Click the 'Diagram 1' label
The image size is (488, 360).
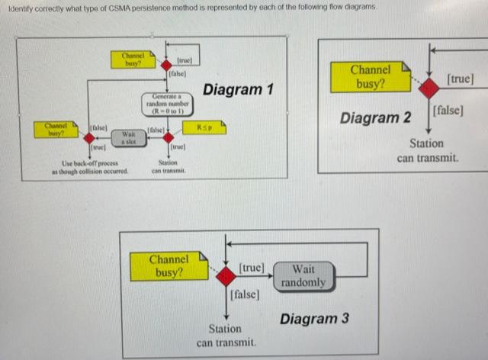(x=238, y=90)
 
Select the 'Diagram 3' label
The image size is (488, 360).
(x=314, y=318)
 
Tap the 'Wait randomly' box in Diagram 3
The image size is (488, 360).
(x=303, y=275)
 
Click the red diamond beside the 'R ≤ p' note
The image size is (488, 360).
(x=168, y=137)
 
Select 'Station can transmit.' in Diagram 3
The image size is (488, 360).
(x=226, y=336)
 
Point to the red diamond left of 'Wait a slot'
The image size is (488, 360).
(x=89, y=137)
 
